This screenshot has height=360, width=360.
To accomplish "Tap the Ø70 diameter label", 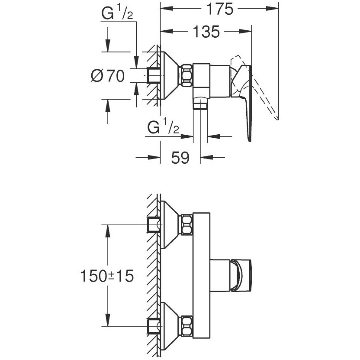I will tap(108, 76).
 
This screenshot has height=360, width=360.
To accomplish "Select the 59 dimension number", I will tap(180, 158).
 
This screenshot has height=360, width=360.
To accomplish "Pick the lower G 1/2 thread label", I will tap(163, 128).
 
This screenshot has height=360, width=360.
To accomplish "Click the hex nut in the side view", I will tap(186, 76).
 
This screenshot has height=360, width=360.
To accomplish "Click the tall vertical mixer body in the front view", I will tap(201, 276).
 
